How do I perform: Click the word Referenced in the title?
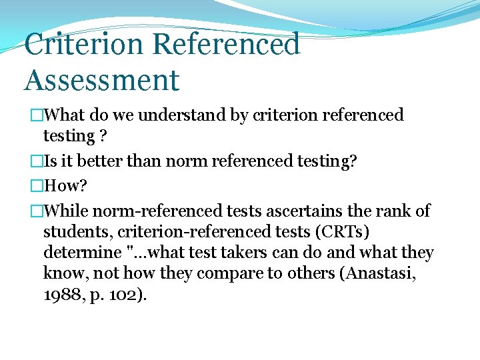[226, 45]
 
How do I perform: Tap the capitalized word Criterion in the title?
[83, 45]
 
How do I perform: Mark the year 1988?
[60, 295]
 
